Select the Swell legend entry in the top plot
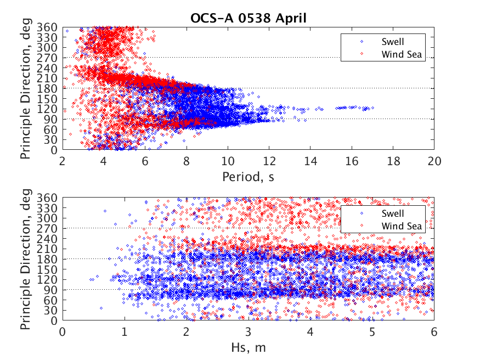point(393,41)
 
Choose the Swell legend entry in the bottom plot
point(393,213)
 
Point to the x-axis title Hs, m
point(248,347)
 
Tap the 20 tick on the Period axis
point(434,161)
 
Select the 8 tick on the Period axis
point(187,161)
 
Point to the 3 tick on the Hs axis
point(249,332)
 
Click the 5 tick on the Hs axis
point(372,332)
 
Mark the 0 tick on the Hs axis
point(63,332)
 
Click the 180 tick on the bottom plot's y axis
point(50,259)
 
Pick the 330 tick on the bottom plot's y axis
point(50,208)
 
